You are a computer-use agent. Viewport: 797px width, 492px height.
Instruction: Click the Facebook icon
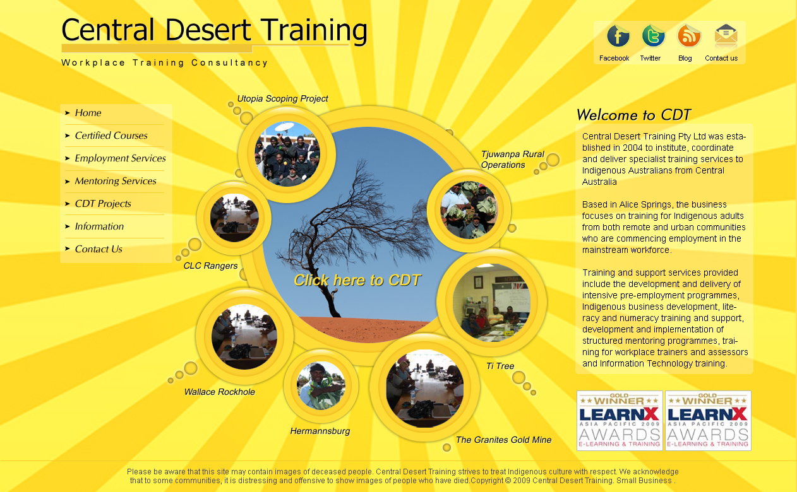point(618,36)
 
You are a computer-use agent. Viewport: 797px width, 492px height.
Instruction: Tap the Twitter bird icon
point(653,36)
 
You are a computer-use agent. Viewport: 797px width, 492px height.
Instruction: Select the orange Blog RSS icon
point(689,36)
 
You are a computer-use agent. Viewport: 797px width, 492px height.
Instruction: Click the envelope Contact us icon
point(726,36)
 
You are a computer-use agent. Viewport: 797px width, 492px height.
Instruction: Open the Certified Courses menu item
point(111,136)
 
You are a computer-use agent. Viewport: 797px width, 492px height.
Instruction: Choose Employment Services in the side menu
point(120,158)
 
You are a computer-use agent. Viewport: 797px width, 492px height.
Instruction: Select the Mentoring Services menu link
point(116,181)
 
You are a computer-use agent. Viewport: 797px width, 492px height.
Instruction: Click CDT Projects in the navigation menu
point(103,204)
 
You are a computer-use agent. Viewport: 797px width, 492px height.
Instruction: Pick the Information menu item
point(99,226)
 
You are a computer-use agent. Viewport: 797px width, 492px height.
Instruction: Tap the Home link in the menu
point(88,113)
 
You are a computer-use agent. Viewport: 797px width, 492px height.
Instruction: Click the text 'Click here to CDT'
point(357,280)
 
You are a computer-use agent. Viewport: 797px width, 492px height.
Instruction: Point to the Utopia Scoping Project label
point(282,98)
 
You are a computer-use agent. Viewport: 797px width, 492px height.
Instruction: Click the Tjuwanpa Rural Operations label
point(512,159)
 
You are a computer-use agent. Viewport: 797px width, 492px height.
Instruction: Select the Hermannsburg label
point(320,431)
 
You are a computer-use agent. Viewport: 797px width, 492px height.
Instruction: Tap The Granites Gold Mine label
point(503,440)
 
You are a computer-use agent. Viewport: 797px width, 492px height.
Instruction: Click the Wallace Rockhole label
point(220,392)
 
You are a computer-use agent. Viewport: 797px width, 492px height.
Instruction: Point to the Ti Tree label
point(500,366)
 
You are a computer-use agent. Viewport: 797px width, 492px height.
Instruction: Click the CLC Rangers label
point(210,266)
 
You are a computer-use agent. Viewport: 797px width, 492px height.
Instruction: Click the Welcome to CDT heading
point(633,115)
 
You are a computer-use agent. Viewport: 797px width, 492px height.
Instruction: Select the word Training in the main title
point(314,30)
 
